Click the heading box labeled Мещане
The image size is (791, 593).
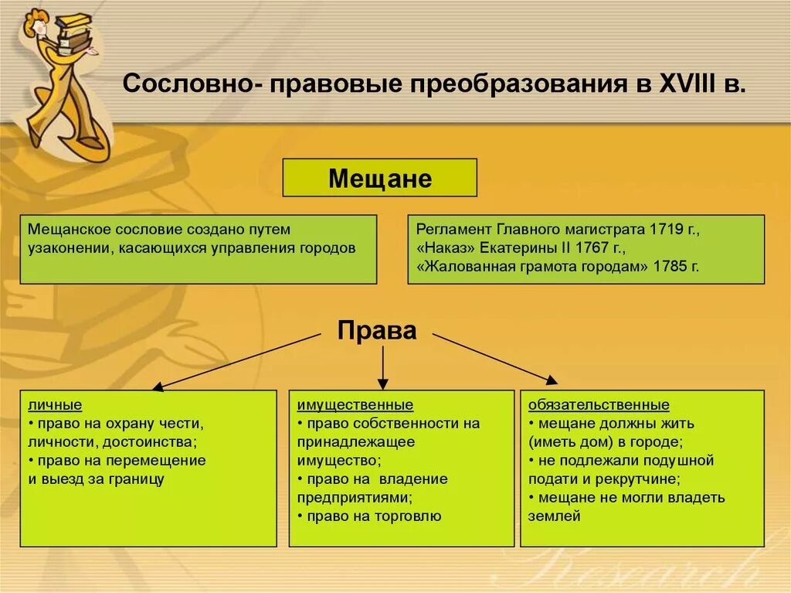coord(379,179)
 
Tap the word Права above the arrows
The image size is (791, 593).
coord(376,331)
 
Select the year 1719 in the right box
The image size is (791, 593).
coord(667,230)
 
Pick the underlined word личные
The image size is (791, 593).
coord(55,405)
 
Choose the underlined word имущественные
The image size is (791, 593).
coord(355,405)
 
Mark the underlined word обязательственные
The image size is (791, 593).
coord(599,405)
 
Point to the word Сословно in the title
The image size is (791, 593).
coord(186,83)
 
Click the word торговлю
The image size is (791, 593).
coord(409,516)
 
